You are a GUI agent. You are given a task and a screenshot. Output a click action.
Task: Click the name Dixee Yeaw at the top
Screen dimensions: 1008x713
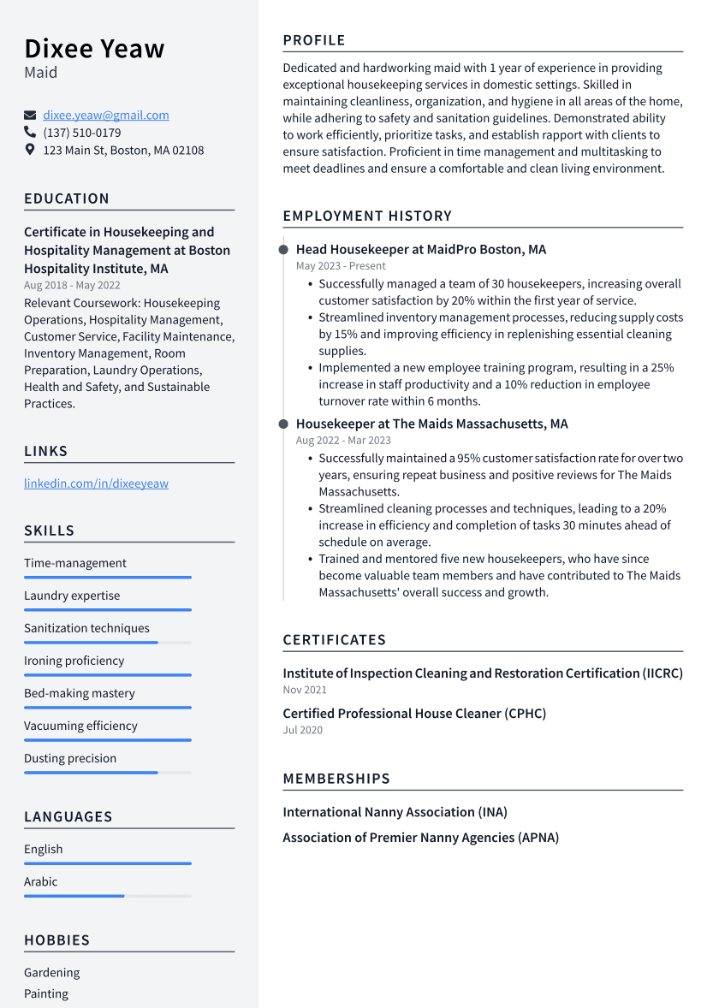click(x=94, y=49)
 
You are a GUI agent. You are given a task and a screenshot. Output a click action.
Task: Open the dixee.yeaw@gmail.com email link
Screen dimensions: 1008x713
click(x=106, y=115)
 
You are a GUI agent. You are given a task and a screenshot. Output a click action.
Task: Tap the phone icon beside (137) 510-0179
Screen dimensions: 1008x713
click(x=30, y=133)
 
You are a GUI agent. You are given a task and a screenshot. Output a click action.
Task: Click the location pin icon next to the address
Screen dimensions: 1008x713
click(x=30, y=150)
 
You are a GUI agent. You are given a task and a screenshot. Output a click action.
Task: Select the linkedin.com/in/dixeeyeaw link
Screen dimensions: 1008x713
click(x=96, y=483)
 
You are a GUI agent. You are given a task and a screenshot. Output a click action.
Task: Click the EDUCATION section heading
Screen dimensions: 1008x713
click(x=67, y=199)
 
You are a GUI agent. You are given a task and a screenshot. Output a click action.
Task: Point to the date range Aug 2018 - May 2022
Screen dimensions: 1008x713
click(x=72, y=285)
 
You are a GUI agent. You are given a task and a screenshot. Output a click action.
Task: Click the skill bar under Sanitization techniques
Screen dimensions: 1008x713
click(x=107, y=642)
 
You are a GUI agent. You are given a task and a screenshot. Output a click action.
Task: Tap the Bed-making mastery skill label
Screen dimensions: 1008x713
click(x=80, y=693)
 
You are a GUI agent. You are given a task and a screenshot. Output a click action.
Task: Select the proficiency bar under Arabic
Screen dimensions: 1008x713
click(x=107, y=896)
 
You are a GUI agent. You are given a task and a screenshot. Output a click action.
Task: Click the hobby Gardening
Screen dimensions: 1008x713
click(x=51, y=972)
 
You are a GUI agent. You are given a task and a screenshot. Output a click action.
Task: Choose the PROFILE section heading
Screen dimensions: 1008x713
click(x=314, y=40)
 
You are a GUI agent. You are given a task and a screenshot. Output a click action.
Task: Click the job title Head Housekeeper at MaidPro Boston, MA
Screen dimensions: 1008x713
click(x=420, y=250)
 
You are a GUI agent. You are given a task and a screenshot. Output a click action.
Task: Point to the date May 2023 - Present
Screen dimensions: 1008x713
click(x=341, y=266)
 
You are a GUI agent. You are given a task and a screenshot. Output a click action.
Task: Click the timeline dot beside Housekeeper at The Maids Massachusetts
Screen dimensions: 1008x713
click(x=283, y=424)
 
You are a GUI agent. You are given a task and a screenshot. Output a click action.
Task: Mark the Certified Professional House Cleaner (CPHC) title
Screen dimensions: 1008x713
click(x=414, y=714)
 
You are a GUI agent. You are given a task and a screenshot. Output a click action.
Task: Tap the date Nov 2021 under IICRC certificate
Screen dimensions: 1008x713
click(x=305, y=690)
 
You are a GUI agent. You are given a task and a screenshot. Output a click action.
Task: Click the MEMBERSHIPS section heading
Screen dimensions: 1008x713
click(x=336, y=779)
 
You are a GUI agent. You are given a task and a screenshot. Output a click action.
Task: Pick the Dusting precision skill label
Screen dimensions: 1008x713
click(x=70, y=758)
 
